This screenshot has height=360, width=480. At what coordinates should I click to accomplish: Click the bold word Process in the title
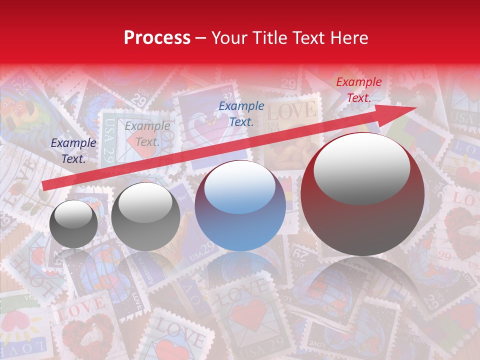157,38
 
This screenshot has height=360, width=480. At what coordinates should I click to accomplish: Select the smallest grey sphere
73,224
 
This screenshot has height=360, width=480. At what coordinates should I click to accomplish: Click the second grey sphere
145,216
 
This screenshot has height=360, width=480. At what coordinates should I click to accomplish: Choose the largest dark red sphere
362,195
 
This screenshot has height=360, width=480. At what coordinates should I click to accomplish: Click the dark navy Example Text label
73,151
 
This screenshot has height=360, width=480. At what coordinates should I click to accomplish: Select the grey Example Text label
147,134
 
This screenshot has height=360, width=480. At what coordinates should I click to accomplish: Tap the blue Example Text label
241,113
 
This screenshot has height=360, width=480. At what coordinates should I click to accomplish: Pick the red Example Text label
358,90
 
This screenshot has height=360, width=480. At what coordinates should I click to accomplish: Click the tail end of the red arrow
44,186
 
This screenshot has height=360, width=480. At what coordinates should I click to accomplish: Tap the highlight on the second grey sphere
145,202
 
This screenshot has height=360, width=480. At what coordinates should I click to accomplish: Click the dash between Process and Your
201,38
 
